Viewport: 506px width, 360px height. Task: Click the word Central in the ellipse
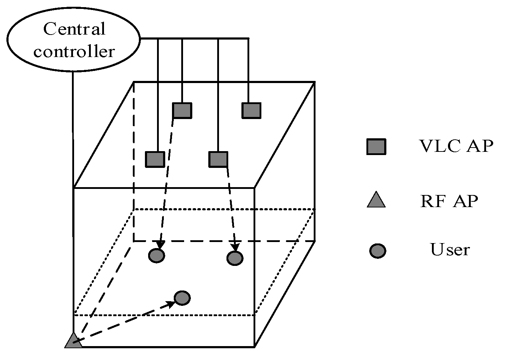point(74,29)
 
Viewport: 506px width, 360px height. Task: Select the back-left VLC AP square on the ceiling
point(182,110)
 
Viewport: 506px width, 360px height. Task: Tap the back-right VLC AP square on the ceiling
point(251,110)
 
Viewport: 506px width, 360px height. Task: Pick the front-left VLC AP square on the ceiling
point(155,159)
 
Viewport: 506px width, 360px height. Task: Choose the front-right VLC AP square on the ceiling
point(218,159)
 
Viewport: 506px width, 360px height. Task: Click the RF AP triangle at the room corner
point(73,341)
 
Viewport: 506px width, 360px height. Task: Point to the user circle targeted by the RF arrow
point(182,298)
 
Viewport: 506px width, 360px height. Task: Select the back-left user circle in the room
point(156,255)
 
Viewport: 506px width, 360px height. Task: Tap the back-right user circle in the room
point(235,258)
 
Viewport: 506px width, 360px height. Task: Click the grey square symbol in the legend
point(376,146)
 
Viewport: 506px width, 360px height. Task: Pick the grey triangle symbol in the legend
point(376,200)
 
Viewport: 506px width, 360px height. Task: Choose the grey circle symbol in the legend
point(377,251)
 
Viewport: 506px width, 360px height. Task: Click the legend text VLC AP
point(456,146)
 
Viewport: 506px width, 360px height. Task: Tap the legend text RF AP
point(449,201)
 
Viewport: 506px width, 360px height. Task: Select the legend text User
point(450,250)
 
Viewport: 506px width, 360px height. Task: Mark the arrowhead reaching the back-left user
point(160,245)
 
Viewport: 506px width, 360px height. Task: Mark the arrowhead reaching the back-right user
point(235,247)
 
